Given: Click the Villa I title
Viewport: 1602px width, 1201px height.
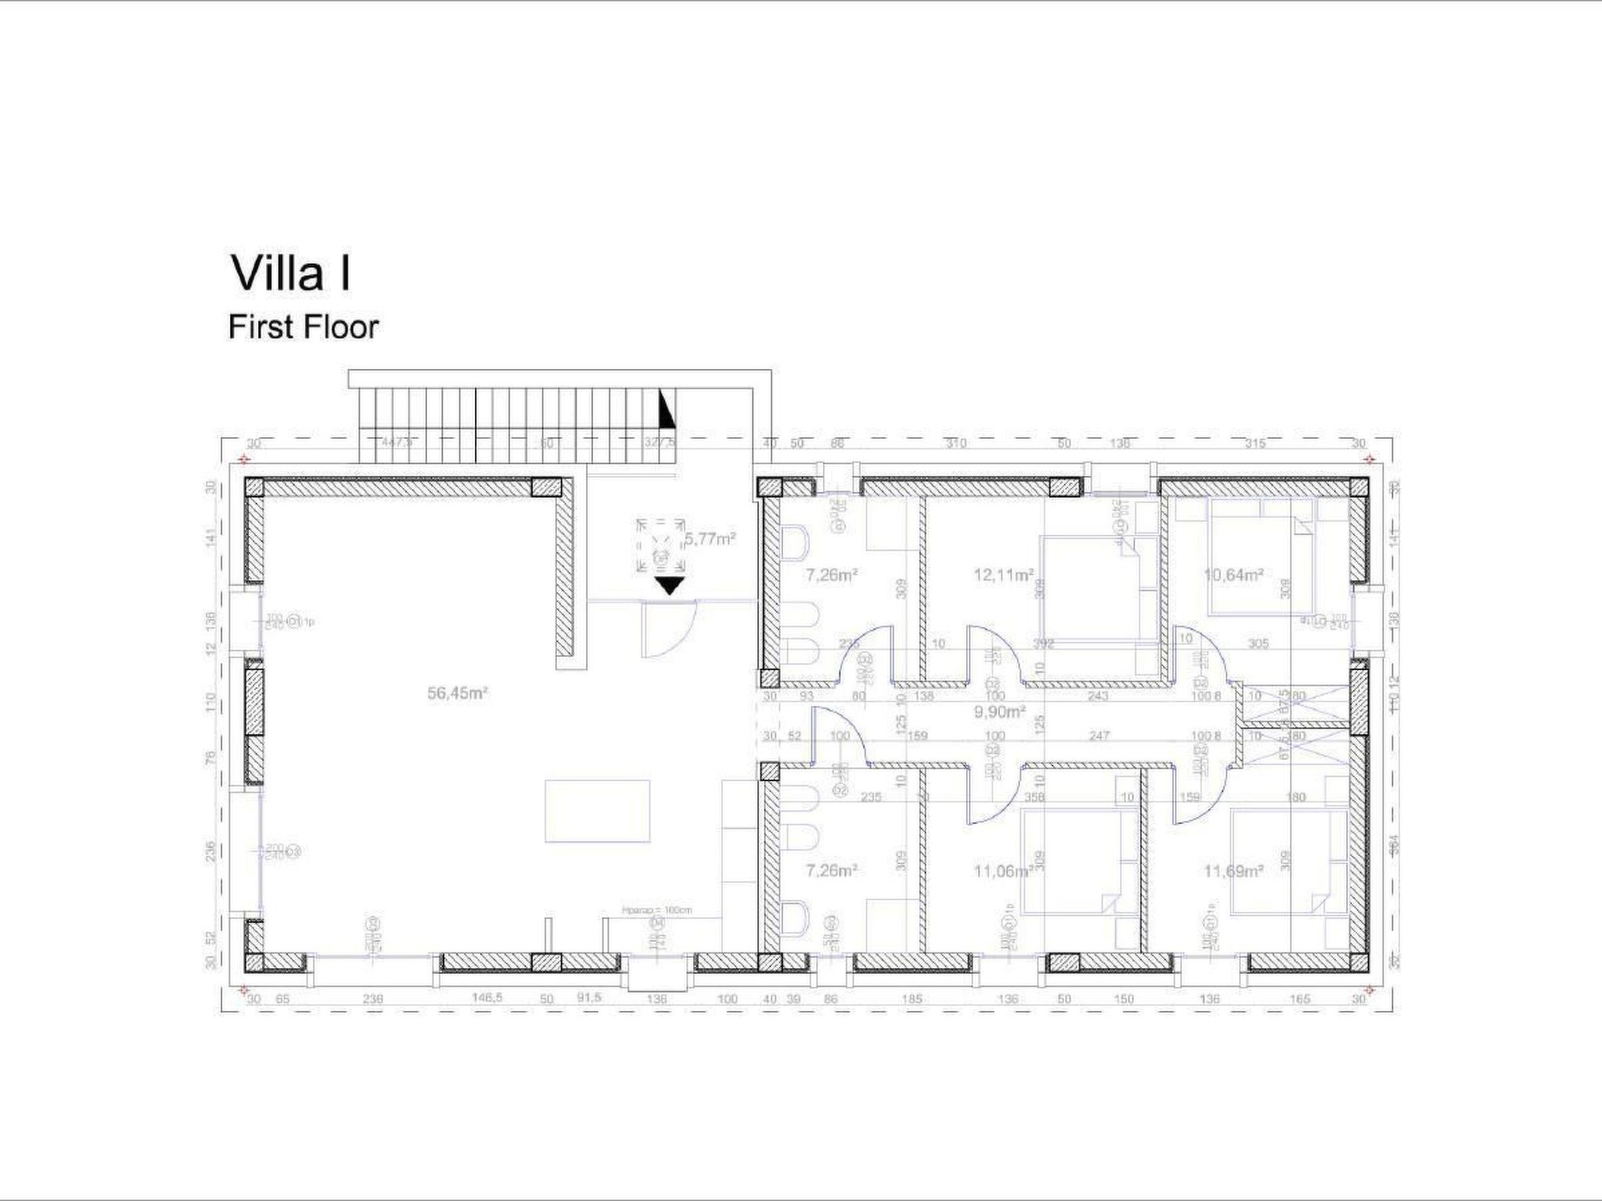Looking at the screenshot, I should [x=290, y=274].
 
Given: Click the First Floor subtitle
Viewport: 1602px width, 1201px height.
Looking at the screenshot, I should [x=303, y=327].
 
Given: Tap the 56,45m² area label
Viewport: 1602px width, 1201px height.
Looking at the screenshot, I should [x=458, y=693].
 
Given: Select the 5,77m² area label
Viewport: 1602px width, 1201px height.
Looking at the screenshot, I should [x=709, y=539].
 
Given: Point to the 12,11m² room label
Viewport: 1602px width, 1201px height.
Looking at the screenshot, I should [x=1004, y=575].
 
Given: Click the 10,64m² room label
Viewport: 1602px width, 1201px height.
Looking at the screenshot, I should [x=1234, y=575].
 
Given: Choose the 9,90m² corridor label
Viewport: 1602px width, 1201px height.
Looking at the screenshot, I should [x=999, y=712].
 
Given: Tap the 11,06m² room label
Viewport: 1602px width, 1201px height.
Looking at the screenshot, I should [x=1005, y=871].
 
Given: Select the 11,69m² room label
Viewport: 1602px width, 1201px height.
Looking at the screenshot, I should [x=1234, y=871].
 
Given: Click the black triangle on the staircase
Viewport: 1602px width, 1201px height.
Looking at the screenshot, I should [x=666, y=410].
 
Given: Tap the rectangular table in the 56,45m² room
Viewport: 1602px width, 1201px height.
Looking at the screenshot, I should [x=598, y=811].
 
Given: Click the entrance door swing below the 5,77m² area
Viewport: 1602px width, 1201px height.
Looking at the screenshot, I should [x=665, y=630].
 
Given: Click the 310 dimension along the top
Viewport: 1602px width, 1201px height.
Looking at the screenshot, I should [x=956, y=443].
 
